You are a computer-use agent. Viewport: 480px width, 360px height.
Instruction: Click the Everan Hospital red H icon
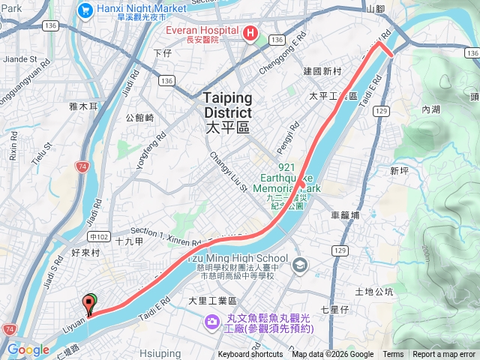click(250, 34)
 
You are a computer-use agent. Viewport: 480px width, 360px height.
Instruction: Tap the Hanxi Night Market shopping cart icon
click(85, 10)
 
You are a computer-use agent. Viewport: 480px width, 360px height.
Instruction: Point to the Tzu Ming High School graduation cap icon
click(300, 264)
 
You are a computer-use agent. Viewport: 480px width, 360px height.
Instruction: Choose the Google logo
click(28, 349)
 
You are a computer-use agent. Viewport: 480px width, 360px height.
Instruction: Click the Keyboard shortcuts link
click(250, 355)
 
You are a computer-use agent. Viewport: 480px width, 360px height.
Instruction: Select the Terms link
click(393, 355)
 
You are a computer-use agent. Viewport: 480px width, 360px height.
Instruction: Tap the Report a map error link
click(444, 355)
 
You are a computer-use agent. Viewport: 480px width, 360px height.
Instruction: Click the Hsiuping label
click(160, 353)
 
